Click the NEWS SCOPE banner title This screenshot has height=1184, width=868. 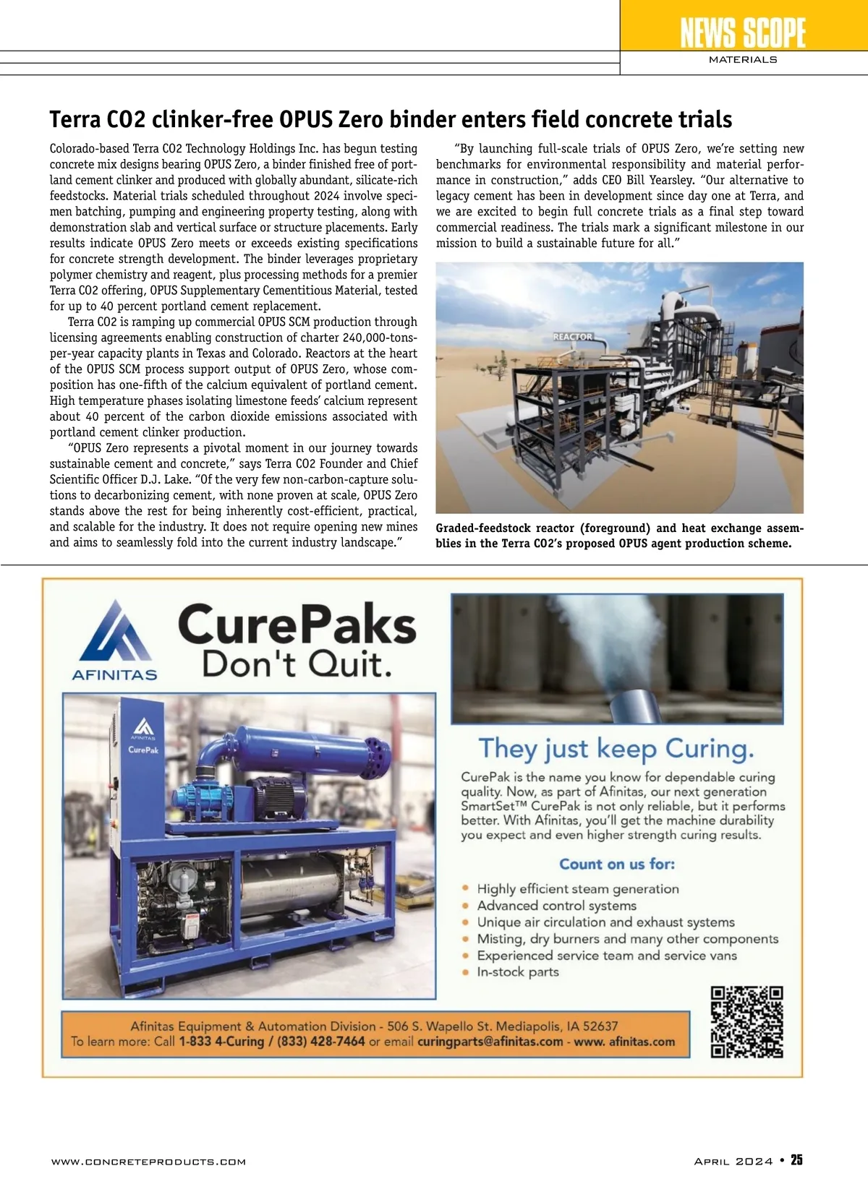point(743,33)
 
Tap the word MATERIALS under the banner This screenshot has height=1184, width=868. point(743,59)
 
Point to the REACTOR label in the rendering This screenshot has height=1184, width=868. point(572,337)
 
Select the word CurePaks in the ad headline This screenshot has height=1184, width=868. point(297,625)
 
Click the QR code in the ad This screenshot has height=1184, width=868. point(747,1022)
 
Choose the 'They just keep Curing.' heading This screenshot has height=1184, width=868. point(616,748)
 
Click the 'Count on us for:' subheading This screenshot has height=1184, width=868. point(617,864)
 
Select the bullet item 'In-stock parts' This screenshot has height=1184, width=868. point(518,972)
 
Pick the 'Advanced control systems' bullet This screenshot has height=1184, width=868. point(557,906)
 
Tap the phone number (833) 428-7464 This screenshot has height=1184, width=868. point(321,1042)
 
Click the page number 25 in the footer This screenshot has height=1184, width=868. point(796,1160)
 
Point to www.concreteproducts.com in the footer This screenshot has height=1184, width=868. point(148,1162)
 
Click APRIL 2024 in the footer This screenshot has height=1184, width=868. point(733,1161)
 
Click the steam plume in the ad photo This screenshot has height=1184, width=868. point(615,636)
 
